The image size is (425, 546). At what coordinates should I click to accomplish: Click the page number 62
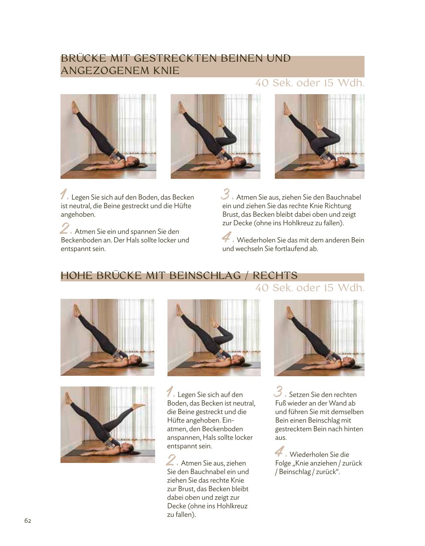(28, 521)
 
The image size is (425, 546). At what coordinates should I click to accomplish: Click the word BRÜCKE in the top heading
(84, 58)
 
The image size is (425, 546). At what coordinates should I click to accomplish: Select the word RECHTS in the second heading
(275, 275)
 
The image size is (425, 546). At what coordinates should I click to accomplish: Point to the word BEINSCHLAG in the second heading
(205, 275)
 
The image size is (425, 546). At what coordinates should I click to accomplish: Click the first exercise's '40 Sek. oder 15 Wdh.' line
(310, 83)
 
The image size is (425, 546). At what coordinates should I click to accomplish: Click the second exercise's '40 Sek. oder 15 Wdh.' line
(310, 288)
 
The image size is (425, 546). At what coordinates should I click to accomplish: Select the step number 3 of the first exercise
(226, 194)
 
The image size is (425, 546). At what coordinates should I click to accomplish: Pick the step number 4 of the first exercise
(227, 237)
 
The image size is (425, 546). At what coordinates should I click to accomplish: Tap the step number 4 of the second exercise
(280, 451)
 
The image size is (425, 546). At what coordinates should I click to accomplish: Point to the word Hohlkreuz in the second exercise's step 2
(232, 506)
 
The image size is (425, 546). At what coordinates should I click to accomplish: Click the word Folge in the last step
(284, 463)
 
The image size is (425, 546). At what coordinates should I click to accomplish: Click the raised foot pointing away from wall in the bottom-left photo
(139, 405)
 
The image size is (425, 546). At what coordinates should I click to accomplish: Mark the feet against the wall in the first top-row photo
(75, 107)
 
